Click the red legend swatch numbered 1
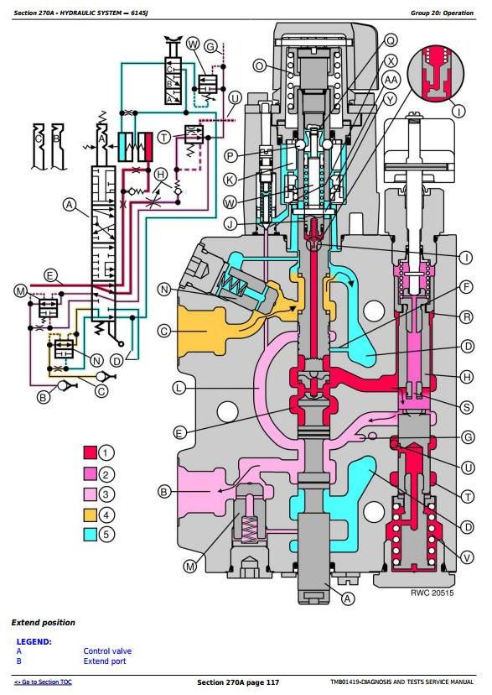coord(90,452)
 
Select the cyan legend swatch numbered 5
coord(90,535)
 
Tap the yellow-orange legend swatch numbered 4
coord(90,515)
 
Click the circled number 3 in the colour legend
coord(106,494)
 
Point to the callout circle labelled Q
coord(391,41)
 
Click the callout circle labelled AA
coord(391,80)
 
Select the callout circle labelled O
coord(260,66)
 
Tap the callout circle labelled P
coord(230,156)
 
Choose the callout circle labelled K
coord(230,180)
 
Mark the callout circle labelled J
coord(230,224)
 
